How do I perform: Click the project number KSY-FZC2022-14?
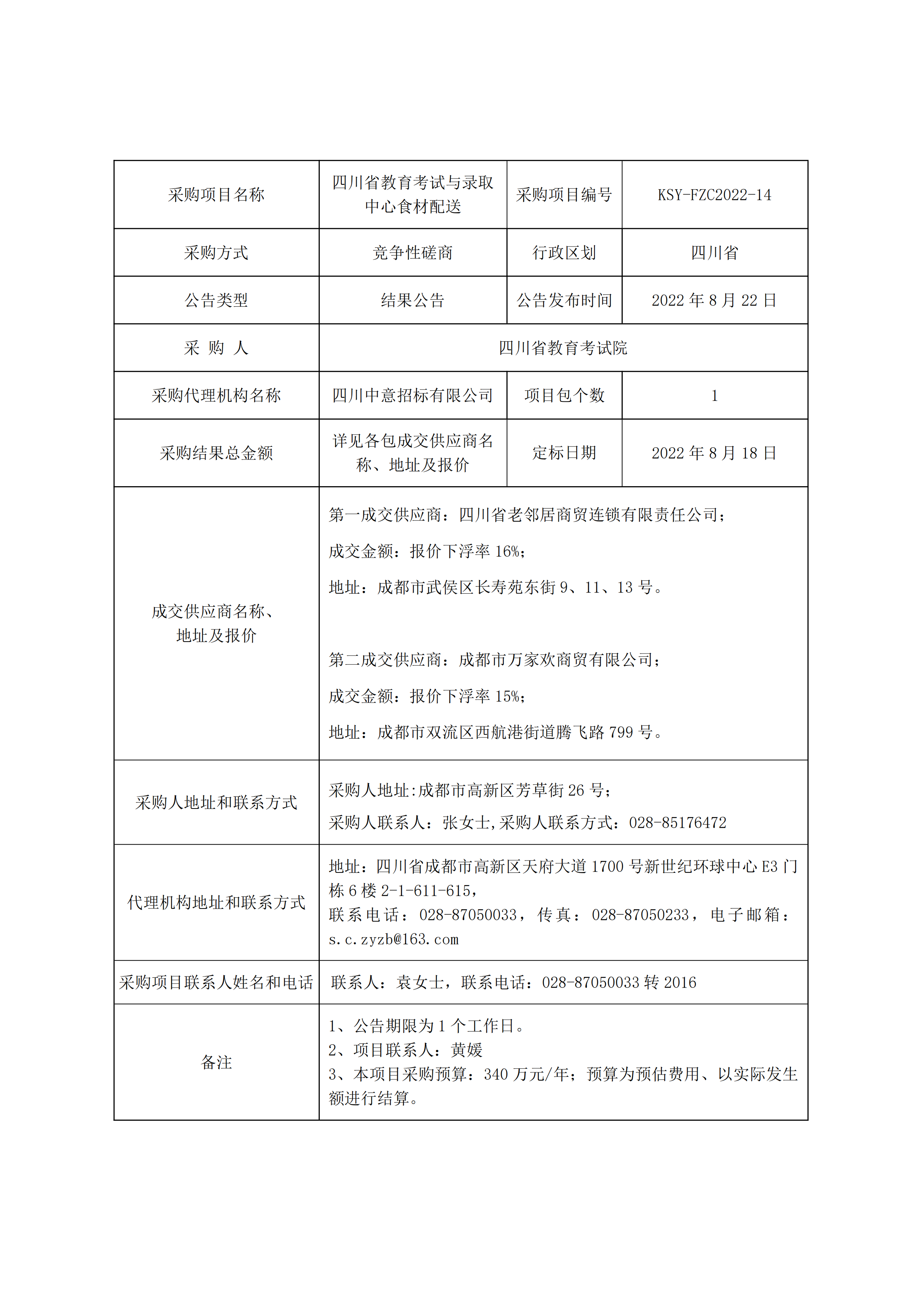click(714, 195)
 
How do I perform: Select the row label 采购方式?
click(216, 253)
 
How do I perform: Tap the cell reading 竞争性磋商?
click(412, 253)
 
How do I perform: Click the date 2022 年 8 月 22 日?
click(714, 300)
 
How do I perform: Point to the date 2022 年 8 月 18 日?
click(714, 453)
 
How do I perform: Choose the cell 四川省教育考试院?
click(563, 348)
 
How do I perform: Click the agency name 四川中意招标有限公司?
click(412, 396)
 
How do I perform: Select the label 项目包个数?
click(564, 396)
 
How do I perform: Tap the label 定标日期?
click(564, 453)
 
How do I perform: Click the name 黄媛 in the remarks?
click(467, 1050)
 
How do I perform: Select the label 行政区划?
click(564, 253)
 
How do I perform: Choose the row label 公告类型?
click(216, 300)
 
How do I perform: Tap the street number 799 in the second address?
click(621, 733)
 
